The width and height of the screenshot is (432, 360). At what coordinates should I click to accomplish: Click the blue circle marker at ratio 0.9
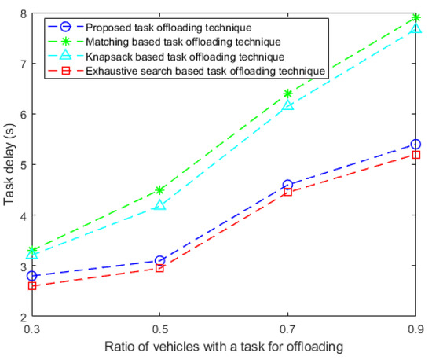point(416,145)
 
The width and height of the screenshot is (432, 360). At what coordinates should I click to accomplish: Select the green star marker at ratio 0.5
point(159,190)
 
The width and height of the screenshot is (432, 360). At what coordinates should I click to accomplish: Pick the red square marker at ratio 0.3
point(31,286)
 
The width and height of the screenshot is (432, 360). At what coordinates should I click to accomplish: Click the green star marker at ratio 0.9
point(416,17)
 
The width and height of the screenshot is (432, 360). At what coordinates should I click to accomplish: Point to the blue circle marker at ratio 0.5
point(159,261)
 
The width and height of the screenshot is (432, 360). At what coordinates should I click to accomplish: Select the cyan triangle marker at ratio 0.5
point(159,205)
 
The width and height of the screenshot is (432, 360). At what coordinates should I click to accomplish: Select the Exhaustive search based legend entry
point(180,72)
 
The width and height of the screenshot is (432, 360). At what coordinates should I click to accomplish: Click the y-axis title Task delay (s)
point(9,165)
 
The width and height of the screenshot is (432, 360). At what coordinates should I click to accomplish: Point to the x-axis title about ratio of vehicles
point(223,347)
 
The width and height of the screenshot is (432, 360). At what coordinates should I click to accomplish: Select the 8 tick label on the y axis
point(21,13)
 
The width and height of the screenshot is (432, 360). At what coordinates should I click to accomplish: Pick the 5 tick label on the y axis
point(21,165)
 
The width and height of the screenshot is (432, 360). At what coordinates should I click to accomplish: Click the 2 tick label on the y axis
point(21,317)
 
